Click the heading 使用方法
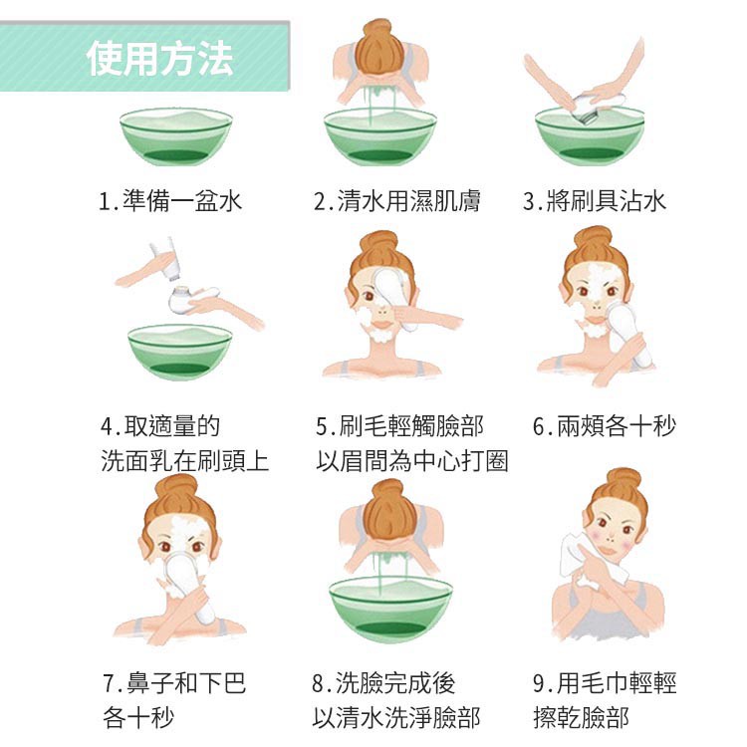pyautogui.click(x=159, y=58)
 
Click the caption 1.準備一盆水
pyautogui.click(x=170, y=201)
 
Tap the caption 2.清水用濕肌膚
pyautogui.click(x=396, y=201)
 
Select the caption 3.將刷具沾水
pyautogui.click(x=594, y=201)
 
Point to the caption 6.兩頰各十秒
pyautogui.click(x=605, y=426)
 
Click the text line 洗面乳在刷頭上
pyautogui.click(x=185, y=461)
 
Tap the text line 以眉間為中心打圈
pyautogui.click(x=412, y=461)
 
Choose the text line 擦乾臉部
pyautogui.click(x=581, y=717)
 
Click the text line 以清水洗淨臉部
pyautogui.click(x=395, y=717)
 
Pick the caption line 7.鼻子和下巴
pyautogui.click(x=174, y=682)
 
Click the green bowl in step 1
pyautogui.click(x=175, y=137)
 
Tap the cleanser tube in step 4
pyautogui.click(x=163, y=261)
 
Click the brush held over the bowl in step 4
pyautogui.click(x=190, y=300)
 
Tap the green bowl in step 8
pyautogui.click(x=390, y=610)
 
